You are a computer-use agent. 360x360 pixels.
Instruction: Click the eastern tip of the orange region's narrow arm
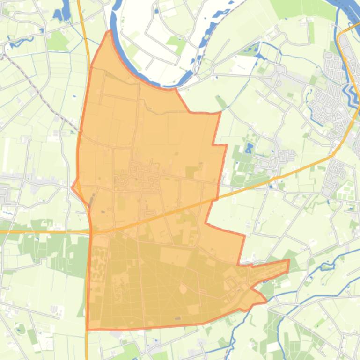pyautogui.click(x=288, y=261)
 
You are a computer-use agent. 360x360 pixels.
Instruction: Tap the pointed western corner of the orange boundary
pyautogui.click(x=72, y=187)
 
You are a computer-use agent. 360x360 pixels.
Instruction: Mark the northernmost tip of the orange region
pyautogui.click(x=110, y=31)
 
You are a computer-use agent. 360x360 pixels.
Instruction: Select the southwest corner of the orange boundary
pyautogui.click(x=88, y=329)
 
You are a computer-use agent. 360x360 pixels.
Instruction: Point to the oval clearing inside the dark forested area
pyautogui.click(x=183, y=289)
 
